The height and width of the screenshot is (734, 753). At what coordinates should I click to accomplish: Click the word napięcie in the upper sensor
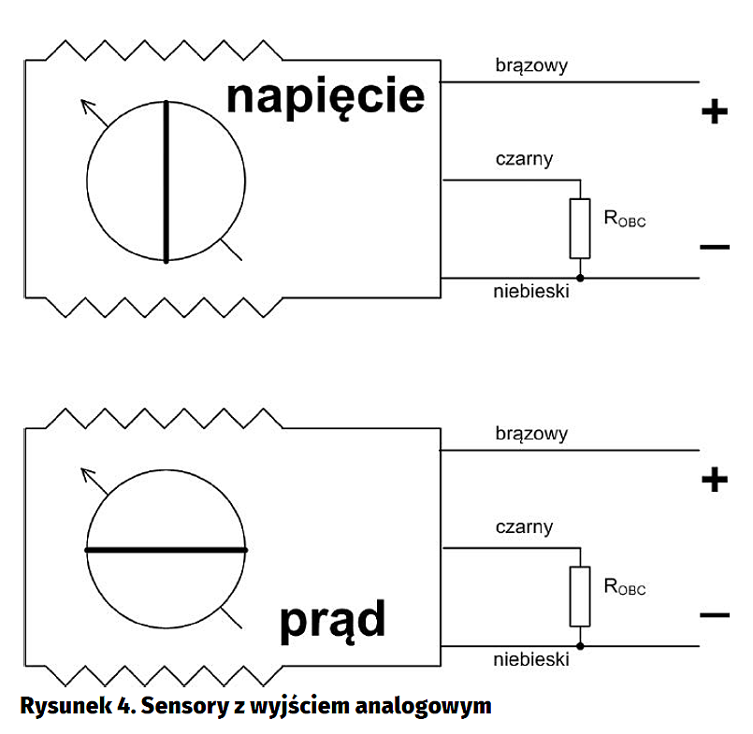coord(325,97)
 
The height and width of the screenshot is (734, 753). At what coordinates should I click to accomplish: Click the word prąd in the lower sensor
coord(331,621)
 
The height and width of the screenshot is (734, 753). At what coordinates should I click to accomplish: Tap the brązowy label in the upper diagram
coord(531,65)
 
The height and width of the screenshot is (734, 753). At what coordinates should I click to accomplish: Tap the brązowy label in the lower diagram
coord(531,434)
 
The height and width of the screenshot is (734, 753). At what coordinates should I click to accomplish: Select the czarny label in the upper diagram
coord(524,159)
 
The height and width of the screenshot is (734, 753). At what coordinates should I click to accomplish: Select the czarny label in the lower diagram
coord(524,527)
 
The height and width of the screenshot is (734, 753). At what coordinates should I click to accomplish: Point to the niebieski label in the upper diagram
coord(531,291)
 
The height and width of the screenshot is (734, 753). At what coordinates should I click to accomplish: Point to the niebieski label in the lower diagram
coord(531,659)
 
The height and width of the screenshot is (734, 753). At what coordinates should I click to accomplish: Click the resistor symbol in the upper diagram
coord(580,228)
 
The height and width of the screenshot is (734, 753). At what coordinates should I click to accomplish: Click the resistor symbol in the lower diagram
coord(580,596)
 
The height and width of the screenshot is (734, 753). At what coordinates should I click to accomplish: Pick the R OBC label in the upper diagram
coord(625,221)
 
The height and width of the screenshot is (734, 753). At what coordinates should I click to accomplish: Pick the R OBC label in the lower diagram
coord(625,588)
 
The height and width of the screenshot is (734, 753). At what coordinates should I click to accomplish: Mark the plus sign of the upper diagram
coord(714,113)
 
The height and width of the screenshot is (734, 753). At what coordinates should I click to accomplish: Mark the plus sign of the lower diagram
coord(714,481)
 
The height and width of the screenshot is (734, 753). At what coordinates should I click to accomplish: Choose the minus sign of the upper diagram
coord(714,248)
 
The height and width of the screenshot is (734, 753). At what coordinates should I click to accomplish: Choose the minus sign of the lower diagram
coord(714,615)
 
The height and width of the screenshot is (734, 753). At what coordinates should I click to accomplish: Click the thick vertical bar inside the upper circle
coord(167,181)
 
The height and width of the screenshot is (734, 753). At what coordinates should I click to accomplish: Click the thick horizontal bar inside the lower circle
coord(167,550)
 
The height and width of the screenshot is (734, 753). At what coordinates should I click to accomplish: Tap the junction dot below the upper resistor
coord(580,278)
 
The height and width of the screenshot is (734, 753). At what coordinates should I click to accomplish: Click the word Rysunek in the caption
coord(58,705)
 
